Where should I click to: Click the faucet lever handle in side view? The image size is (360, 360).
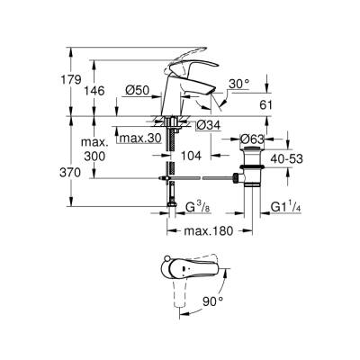[x=193, y=68]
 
